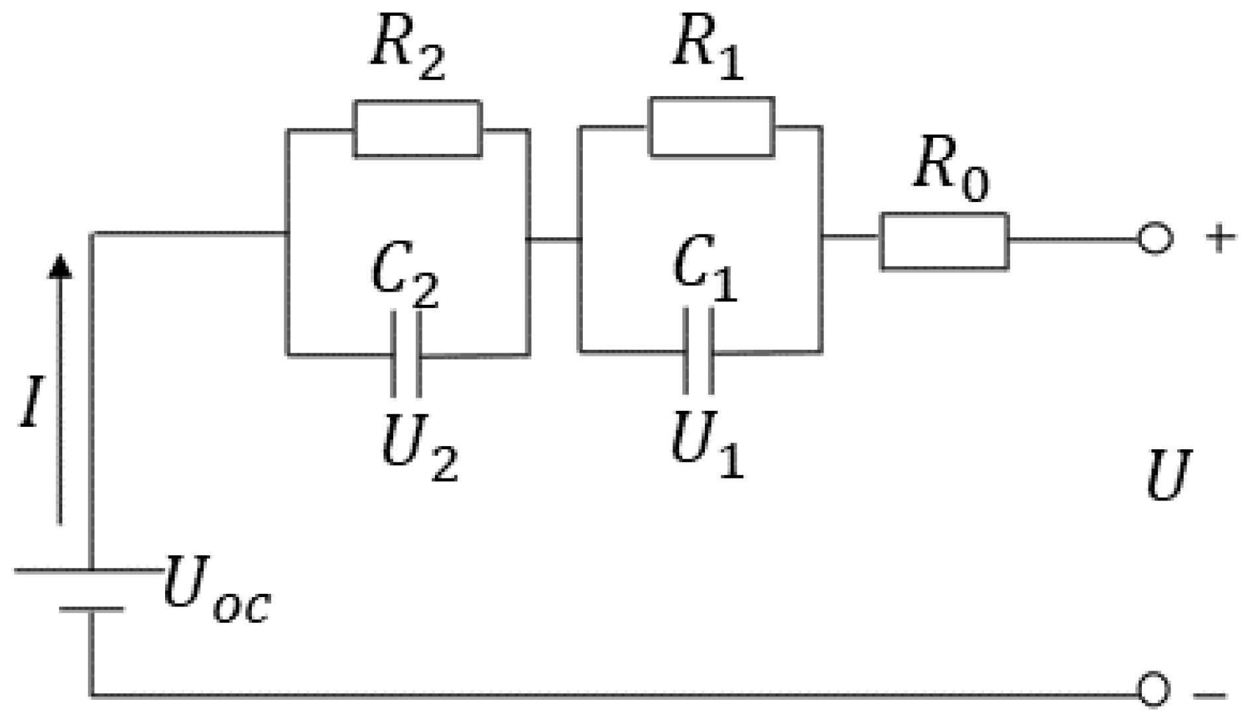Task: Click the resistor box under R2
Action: [x=418, y=129]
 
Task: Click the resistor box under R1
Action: [x=712, y=127]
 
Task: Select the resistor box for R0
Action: [x=944, y=241]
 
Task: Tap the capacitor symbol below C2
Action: [x=406, y=355]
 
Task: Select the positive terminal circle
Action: [x=1154, y=239]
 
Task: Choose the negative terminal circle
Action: [x=1153, y=691]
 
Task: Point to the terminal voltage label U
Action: [x=1168, y=476]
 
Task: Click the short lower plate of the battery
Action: [x=91, y=609]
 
